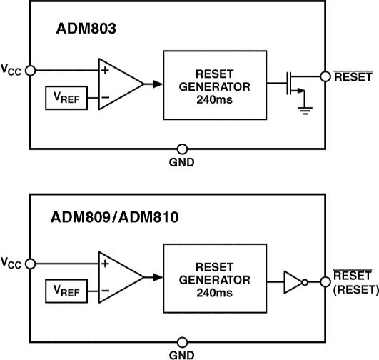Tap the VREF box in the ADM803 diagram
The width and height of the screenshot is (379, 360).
point(66,98)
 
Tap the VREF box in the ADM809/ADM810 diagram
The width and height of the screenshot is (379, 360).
point(66,291)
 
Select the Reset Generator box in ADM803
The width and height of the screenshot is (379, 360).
point(214,84)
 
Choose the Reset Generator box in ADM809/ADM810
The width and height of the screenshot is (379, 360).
point(214,277)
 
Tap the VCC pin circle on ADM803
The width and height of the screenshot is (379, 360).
point(30,70)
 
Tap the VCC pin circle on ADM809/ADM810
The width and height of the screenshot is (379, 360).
point(30,263)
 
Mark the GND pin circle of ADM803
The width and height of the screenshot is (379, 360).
point(182,149)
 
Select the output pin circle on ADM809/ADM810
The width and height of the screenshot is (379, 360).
point(326,282)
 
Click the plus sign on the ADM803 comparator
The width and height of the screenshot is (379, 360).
point(104,71)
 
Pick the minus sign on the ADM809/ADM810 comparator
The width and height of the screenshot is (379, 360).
point(104,291)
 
